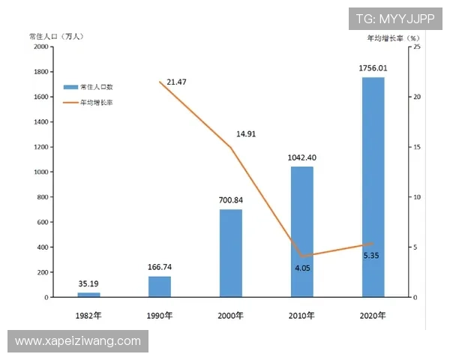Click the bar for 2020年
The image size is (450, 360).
[373, 187]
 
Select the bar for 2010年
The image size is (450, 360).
[301, 232]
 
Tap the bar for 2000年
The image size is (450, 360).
[231, 253]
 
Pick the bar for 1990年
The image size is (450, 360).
[160, 286]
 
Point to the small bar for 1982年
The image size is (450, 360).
[88, 295]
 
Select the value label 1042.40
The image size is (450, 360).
[301, 157]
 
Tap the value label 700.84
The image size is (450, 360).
[231, 200]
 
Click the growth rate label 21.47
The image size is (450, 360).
[177, 81]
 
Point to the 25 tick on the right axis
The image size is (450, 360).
[417, 46]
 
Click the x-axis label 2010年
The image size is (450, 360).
[301, 316]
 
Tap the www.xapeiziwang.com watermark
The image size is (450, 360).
[78, 341]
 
